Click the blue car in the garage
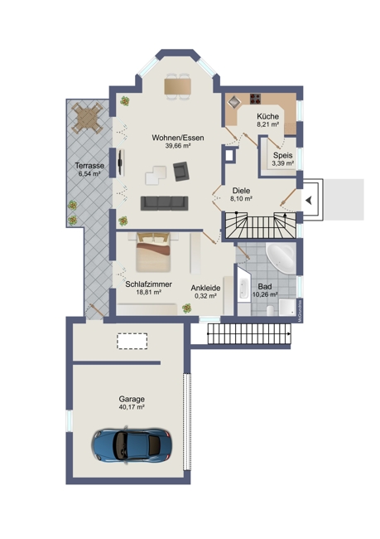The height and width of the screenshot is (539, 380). pos(132,445)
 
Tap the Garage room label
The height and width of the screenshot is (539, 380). pos(132,399)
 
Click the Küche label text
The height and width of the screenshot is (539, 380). pos(267,116)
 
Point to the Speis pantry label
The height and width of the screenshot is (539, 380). pos(282,155)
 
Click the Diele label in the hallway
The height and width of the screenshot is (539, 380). pos(242,189)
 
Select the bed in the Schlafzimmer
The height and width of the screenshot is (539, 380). pos(152,251)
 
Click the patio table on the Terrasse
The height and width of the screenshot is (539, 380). pos(87,119)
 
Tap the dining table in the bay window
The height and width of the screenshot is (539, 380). pos(178,85)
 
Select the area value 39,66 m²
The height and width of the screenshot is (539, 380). pos(178,146)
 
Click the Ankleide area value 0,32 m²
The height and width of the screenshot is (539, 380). pos(204,295)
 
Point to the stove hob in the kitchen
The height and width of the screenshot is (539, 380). pos(234,101)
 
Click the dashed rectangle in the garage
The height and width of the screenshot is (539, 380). pos(132,341)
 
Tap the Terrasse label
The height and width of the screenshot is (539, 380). pos(88,165)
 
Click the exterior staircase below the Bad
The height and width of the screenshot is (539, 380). pos(250,334)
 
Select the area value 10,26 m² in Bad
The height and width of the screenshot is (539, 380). pos(265,294)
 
